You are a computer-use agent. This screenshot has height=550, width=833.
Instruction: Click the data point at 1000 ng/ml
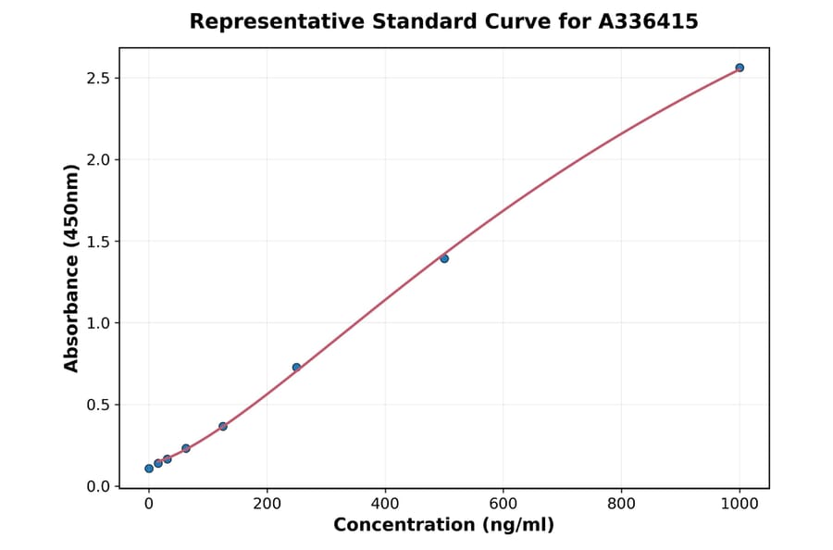[x=740, y=68]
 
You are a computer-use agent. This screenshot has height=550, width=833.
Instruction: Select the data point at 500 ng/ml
[x=444, y=258]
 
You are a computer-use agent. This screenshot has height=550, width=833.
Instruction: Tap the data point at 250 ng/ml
[x=296, y=368]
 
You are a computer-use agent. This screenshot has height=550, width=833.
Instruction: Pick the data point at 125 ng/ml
[x=223, y=426]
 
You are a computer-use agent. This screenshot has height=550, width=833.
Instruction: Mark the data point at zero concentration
[x=149, y=469]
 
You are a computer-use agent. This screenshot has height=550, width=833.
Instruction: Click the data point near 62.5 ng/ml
[x=186, y=448]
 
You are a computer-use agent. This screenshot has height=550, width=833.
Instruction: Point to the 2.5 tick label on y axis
[x=97, y=78]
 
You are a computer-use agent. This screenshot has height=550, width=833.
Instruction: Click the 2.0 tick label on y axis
[x=97, y=159]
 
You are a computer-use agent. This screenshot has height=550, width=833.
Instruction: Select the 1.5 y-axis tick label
[x=97, y=242]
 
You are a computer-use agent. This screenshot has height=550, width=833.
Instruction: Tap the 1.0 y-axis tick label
[x=97, y=323]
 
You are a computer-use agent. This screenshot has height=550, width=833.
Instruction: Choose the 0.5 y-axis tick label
[x=97, y=405]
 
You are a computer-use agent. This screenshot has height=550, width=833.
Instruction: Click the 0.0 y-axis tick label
[x=97, y=486]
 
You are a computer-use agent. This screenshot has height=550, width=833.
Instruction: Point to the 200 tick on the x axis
[x=267, y=504]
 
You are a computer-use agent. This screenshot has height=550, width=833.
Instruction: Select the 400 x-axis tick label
[x=385, y=504]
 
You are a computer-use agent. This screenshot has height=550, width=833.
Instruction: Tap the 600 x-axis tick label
[x=503, y=504]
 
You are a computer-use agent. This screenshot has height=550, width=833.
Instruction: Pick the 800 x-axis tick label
[x=621, y=504]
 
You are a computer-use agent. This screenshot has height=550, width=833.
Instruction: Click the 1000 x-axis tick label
[x=740, y=504]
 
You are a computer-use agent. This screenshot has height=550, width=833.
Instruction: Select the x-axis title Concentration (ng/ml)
[x=443, y=526]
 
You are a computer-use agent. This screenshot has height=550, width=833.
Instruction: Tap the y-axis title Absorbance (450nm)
[x=72, y=269]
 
